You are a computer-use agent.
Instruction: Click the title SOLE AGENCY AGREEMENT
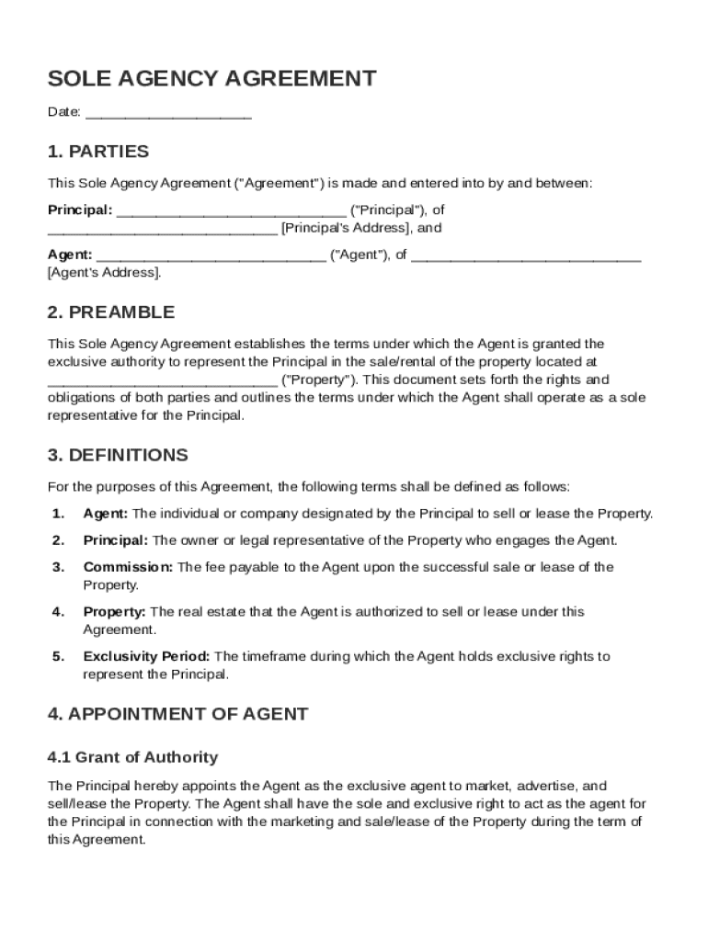(211, 79)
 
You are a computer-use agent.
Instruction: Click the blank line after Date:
(168, 114)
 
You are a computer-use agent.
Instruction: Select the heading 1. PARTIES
(97, 152)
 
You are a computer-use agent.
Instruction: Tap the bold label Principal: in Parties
(80, 210)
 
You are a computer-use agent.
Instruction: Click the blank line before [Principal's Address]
(162, 228)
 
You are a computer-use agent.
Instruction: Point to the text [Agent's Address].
(105, 273)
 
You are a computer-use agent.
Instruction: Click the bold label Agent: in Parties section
(70, 255)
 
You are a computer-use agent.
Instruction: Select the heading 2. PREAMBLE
(110, 312)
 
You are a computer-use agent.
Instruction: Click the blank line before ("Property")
(162, 380)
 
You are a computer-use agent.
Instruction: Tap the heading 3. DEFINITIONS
(118, 456)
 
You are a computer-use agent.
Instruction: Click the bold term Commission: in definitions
(128, 567)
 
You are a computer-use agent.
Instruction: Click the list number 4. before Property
(58, 612)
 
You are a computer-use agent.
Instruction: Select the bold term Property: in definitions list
(114, 612)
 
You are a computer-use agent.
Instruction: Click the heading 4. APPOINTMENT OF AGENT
(177, 714)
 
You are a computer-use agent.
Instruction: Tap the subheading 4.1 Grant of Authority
(132, 758)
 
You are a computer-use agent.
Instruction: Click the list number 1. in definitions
(58, 514)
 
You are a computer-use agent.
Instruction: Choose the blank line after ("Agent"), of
(526, 255)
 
